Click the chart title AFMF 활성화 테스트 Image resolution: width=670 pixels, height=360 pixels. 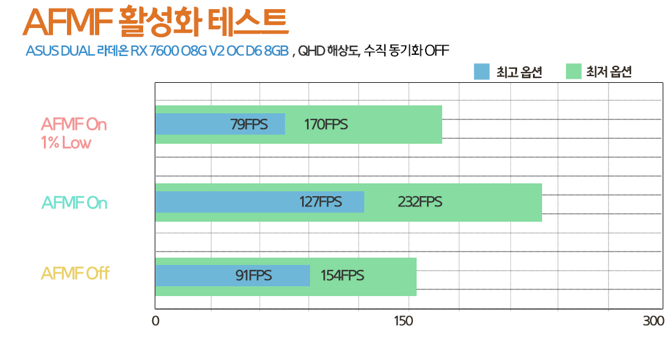click(x=155, y=23)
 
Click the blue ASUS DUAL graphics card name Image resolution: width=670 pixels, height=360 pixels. click(x=157, y=51)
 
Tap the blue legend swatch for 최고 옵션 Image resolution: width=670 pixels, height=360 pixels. click(x=481, y=72)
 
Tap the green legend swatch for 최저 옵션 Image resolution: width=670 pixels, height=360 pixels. click(x=574, y=72)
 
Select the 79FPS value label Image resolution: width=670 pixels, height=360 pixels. click(x=249, y=124)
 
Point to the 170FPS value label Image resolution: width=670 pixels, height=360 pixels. click(x=326, y=124)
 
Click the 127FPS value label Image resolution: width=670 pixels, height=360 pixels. click(x=320, y=202)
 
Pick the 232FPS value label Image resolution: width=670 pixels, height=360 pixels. click(x=420, y=202)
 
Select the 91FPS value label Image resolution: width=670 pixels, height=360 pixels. click(x=253, y=275)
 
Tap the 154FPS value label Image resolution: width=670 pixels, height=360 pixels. click(x=342, y=275)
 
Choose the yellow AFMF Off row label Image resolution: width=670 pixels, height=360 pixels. click(x=75, y=274)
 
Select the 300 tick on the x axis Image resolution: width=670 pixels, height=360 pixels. click(x=654, y=321)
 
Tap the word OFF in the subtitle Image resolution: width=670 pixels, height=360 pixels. click(x=436, y=51)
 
